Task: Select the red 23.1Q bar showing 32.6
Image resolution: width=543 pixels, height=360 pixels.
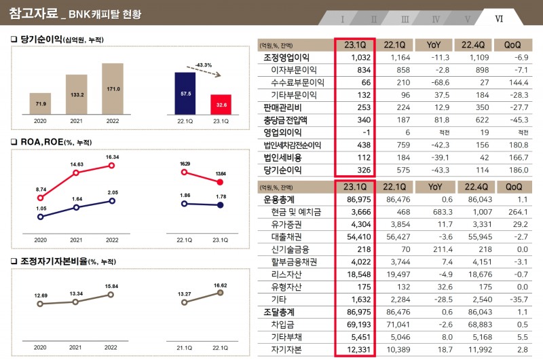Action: pyautogui.click(x=221, y=105)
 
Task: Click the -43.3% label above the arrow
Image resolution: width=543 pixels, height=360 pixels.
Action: pyautogui.click(x=203, y=65)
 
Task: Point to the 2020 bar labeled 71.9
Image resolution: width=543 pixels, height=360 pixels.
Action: pyautogui.click(x=41, y=103)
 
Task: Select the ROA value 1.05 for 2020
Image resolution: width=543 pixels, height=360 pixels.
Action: pyautogui.click(x=41, y=209)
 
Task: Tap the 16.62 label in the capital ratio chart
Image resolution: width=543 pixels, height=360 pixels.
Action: pyautogui.click(x=220, y=285)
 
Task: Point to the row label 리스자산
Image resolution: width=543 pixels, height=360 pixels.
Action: pyautogui.click(x=291, y=274)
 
